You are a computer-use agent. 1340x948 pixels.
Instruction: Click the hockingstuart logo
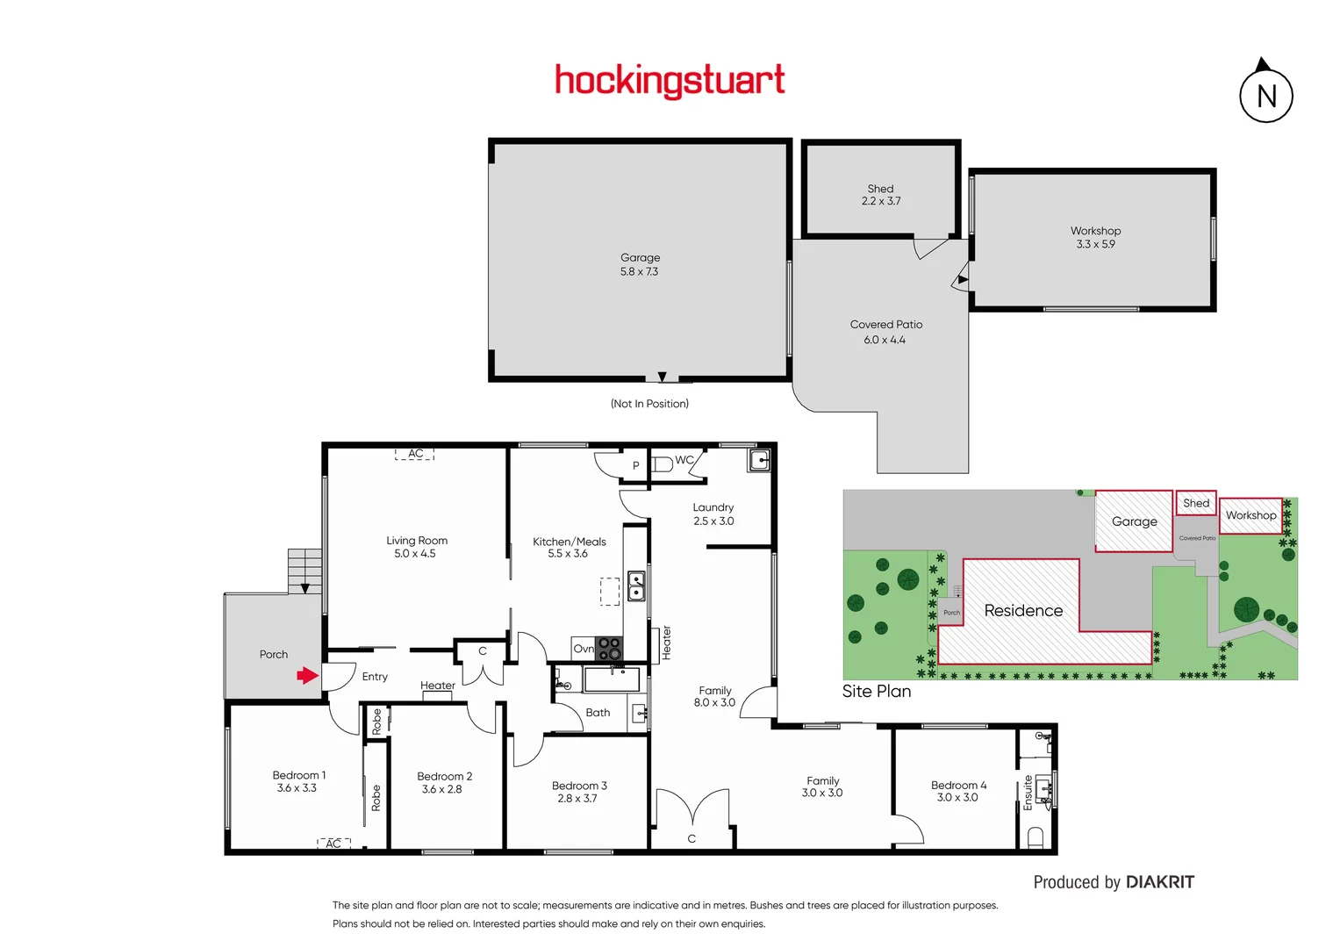click(x=670, y=81)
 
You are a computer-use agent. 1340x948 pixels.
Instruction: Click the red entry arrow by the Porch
click(x=307, y=675)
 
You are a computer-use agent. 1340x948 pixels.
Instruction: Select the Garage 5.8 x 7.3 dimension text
click(x=639, y=272)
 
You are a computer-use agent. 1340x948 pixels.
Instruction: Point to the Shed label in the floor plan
click(x=880, y=189)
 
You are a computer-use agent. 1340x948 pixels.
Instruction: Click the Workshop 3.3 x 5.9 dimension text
click(x=1095, y=244)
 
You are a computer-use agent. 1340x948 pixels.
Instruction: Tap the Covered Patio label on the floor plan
click(x=885, y=325)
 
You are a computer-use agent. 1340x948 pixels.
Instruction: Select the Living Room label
click(x=417, y=541)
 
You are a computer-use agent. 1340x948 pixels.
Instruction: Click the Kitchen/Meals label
click(x=569, y=542)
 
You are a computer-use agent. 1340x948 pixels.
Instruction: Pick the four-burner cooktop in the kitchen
click(x=609, y=649)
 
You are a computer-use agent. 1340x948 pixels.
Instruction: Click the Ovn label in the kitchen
click(x=584, y=649)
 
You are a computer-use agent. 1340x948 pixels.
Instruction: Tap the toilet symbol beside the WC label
click(x=662, y=463)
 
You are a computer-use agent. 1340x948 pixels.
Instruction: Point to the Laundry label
click(x=713, y=507)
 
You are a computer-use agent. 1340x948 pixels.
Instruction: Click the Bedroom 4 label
click(x=958, y=786)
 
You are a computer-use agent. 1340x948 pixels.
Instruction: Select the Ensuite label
click(x=1028, y=792)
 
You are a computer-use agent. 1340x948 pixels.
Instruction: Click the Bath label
click(x=598, y=713)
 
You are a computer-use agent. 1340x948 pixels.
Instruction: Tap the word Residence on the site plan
click(x=1023, y=611)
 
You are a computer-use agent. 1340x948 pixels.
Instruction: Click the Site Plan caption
click(x=876, y=692)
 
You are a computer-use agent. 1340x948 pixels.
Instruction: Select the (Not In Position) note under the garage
click(x=649, y=404)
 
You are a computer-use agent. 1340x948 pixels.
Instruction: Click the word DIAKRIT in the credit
click(x=1159, y=882)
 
